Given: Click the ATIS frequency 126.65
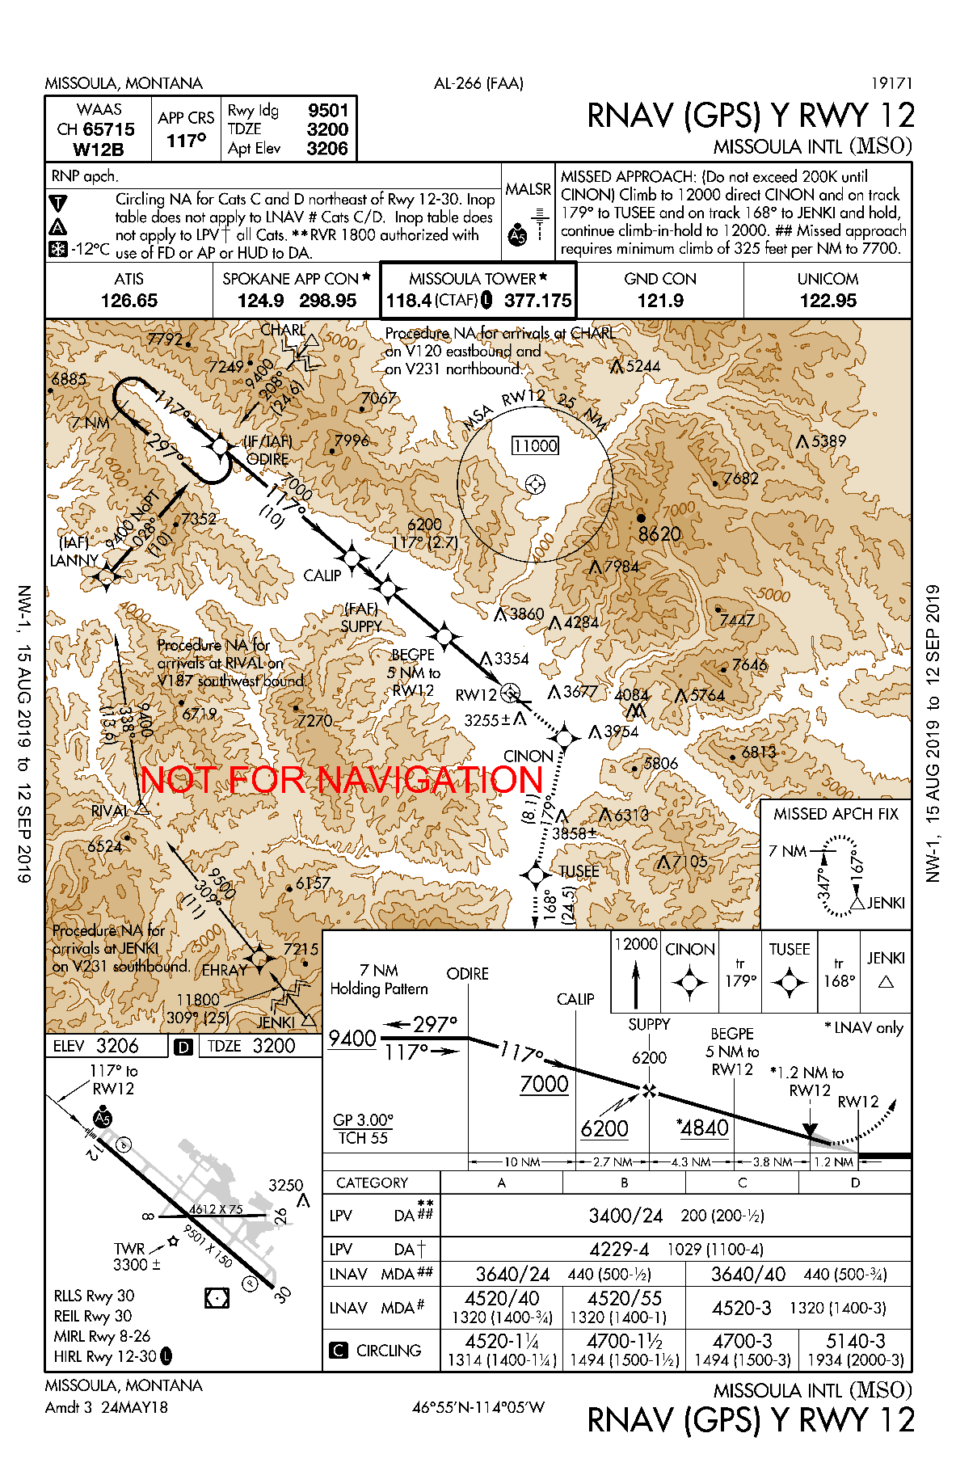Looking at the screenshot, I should (128, 301).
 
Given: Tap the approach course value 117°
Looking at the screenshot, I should (187, 141).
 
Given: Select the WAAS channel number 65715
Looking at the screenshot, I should (108, 129).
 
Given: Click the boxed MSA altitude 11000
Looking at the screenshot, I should (536, 445).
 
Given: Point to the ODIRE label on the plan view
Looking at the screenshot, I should (267, 459).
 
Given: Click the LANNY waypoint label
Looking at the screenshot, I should (74, 560).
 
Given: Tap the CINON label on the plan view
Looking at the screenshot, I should (528, 756).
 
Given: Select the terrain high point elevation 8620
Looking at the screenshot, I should (659, 534).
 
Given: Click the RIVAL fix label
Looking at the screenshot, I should (109, 811).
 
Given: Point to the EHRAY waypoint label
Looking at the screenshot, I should (224, 970).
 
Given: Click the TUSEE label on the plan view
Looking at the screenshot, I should (579, 871).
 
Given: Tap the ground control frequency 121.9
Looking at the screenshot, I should (660, 301).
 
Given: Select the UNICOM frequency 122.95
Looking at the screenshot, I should (828, 301).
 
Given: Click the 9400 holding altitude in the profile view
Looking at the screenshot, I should (352, 1038).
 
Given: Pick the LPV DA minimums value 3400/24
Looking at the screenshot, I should (625, 1216).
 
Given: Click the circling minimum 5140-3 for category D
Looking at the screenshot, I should (855, 1341).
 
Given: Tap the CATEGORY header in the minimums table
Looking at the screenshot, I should (372, 1182).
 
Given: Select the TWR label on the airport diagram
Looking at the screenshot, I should (129, 1248).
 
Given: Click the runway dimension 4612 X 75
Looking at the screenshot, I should (216, 1209).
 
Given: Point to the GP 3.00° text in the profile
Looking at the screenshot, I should (363, 1119).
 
